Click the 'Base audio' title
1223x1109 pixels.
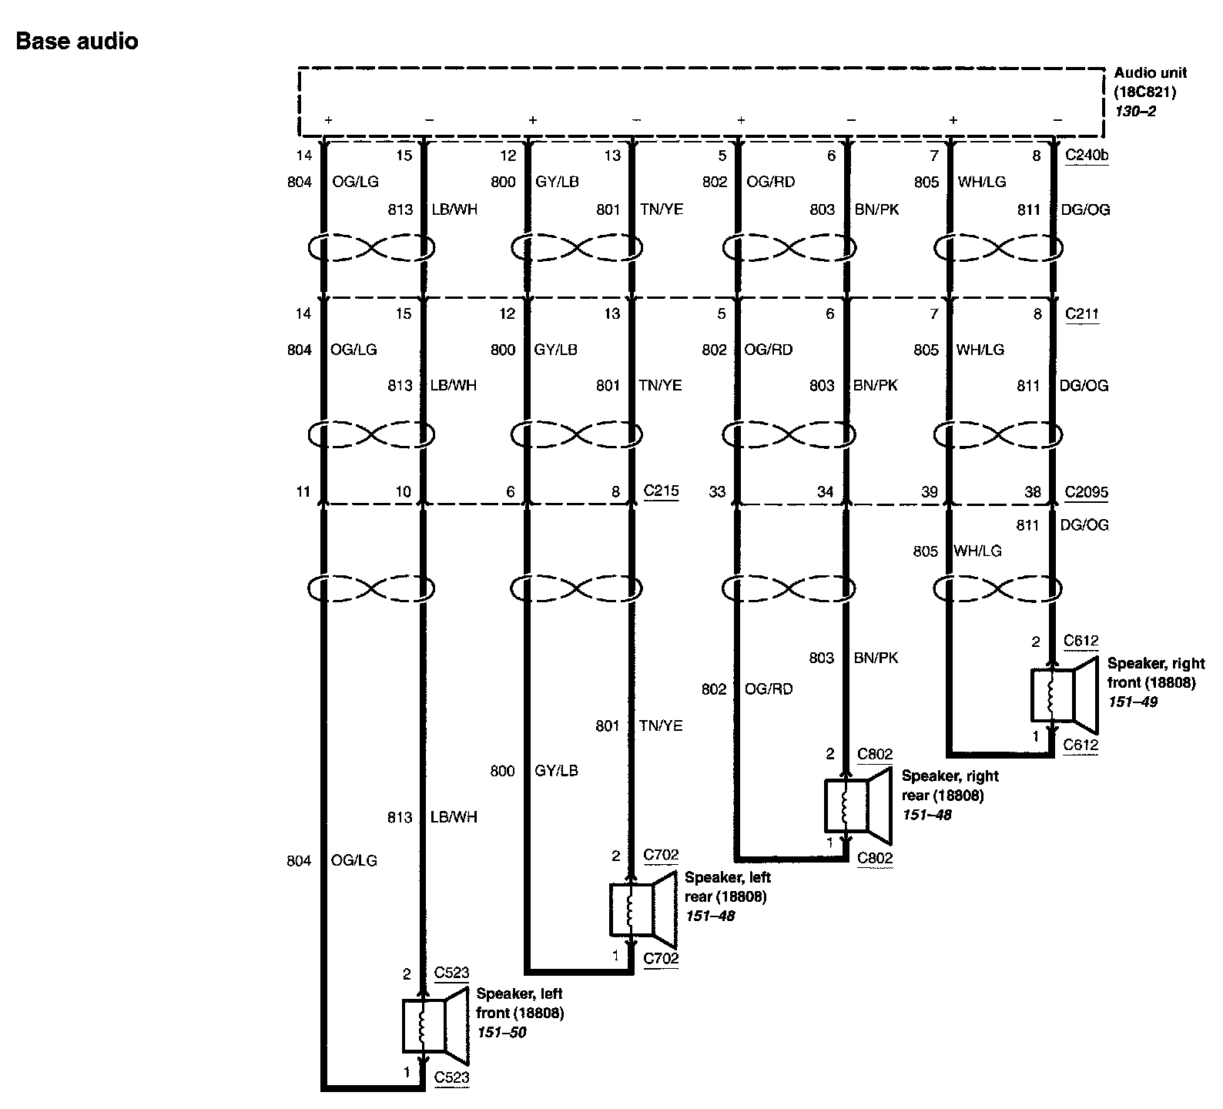point(77,41)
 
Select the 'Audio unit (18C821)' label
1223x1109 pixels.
point(1150,82)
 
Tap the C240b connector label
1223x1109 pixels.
point(1086,156)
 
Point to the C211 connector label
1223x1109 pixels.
point(1082,314)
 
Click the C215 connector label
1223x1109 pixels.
point(661,491)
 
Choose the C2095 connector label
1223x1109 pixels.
point(1087,492)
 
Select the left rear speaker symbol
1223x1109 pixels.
point(643,910)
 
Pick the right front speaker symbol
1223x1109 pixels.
point(1064,695)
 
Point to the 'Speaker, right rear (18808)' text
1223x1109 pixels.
point(950,786)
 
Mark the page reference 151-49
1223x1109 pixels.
point(1133,702)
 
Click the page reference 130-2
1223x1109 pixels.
point(1135,111)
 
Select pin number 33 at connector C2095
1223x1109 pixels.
point(717,492)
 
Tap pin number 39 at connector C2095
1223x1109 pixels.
point(930,492)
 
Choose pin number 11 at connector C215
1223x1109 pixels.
point(303,492)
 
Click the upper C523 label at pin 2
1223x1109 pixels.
point(451,973)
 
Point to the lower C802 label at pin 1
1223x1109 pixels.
point(875,857)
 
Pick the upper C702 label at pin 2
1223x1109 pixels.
point(661,854)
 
